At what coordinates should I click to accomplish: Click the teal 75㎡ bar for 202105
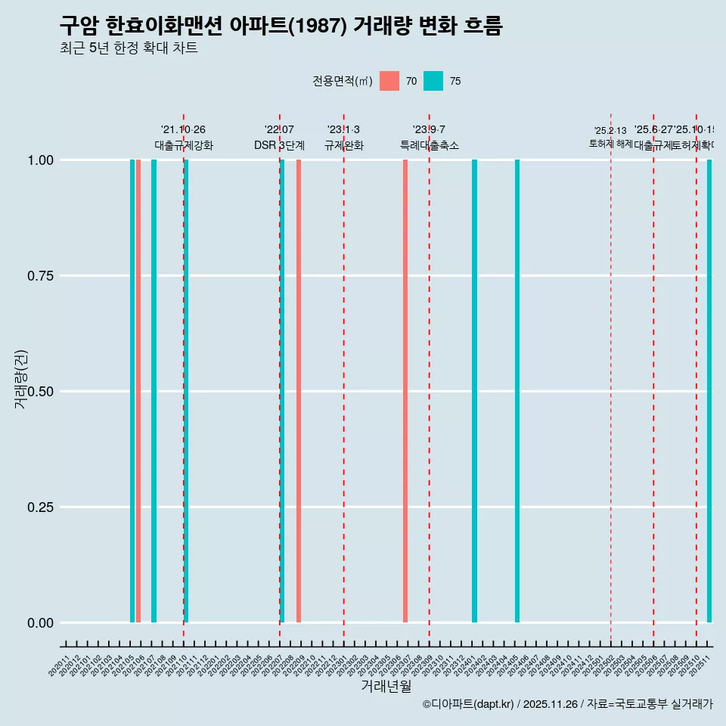132,391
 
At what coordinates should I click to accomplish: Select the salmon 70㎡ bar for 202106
138,391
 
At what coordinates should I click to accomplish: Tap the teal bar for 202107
154,391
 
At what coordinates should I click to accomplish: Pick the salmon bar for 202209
299,391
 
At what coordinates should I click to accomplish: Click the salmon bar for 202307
405,391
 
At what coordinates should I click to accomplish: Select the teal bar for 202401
474,391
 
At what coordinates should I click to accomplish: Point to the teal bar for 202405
517,391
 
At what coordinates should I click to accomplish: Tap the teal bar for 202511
709,391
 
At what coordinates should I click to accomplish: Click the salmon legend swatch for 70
389,81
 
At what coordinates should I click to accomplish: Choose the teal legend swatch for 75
433,81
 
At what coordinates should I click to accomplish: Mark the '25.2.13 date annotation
610,131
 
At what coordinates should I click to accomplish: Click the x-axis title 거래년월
386,686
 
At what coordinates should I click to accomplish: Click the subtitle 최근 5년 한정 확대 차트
129,48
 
